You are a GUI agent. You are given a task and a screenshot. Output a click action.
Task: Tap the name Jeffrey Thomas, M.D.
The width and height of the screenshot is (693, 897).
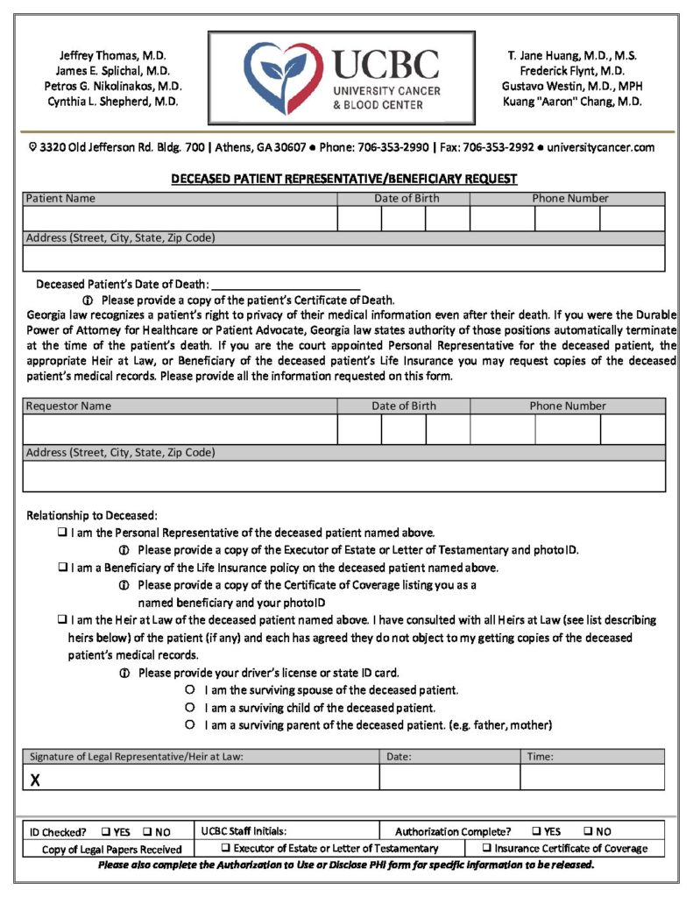click(113, 54)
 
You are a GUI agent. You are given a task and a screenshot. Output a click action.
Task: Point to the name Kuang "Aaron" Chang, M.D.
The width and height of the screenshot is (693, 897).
click(572, 102)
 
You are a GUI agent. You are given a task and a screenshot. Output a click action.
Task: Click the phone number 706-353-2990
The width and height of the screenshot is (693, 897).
click(392, 147)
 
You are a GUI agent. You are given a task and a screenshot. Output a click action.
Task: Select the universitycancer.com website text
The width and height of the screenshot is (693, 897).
click(601, 147)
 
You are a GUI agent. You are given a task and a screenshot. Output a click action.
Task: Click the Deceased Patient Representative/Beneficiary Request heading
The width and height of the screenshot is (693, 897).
click(343, 179)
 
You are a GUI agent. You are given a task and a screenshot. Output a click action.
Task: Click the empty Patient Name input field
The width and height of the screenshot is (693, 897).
click(180, 219)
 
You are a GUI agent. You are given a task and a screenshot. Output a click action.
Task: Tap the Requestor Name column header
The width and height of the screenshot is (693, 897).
click(68, 406)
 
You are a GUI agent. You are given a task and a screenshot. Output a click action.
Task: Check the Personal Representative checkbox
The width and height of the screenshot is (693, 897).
click(63, 533)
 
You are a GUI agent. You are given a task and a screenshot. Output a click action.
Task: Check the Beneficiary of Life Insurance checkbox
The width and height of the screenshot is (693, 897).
click(63, 568)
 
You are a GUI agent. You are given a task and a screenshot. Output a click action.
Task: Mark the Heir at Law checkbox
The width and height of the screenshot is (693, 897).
click(63, 620)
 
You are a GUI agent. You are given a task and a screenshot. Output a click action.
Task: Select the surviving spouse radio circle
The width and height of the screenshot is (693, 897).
click(189, 690)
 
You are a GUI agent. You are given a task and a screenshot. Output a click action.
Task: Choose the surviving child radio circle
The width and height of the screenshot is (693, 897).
click(189, 707)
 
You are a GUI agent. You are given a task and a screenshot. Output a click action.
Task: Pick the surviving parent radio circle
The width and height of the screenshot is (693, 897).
click(189, 725)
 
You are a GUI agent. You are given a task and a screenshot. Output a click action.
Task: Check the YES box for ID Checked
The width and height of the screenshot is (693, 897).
click(105, 831)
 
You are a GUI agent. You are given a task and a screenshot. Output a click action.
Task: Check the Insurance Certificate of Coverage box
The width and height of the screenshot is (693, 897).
click(487, 848)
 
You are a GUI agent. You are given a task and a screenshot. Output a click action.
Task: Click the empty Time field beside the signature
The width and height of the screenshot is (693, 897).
click(591, 778)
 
